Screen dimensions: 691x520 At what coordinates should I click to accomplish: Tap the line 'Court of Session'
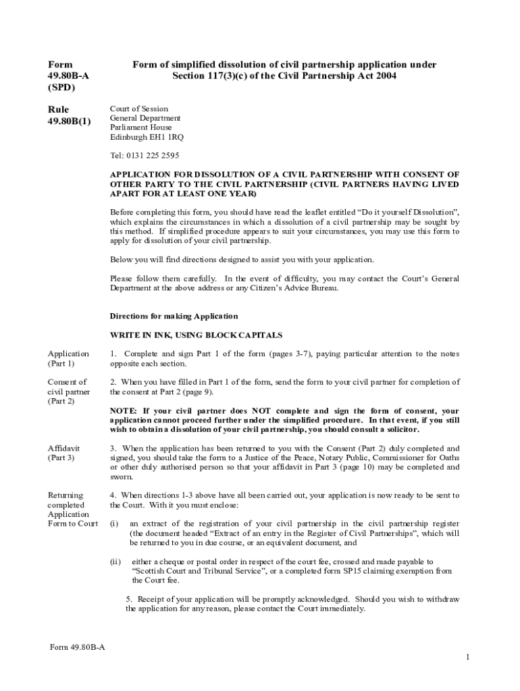point(139,109)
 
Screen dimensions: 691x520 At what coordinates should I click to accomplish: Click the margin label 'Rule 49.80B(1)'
point(68,115)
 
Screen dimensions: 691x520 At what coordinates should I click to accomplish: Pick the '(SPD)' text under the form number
point(61,88)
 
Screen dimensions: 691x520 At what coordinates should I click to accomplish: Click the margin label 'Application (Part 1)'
point(68,358)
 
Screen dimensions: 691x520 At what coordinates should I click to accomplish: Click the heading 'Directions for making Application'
point(174,316)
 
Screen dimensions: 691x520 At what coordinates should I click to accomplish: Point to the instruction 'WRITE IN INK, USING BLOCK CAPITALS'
point(196,335)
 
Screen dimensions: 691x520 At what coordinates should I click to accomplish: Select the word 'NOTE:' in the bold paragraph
point(124,410)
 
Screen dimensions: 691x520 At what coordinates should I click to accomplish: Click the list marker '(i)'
point(114,524)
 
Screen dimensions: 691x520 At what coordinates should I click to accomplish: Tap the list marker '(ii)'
point(115,561)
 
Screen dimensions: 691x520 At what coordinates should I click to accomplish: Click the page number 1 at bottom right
point(467,657)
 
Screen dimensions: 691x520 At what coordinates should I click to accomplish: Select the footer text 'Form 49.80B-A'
point(78,647)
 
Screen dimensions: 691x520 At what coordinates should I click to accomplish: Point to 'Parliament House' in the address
point(141,128)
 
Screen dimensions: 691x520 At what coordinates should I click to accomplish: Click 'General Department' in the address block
point(145,118)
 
